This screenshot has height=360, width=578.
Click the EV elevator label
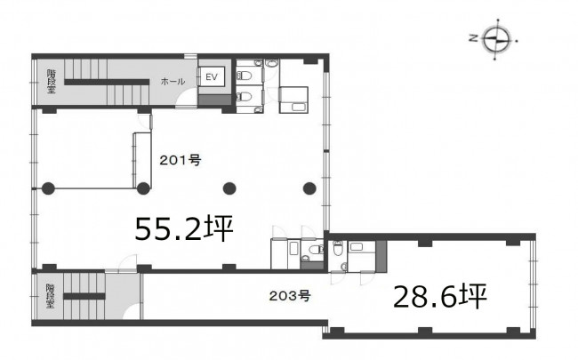tap(212, 77)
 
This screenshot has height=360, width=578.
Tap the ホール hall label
tap(173, 82)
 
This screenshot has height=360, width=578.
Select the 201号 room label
tap(181, 160)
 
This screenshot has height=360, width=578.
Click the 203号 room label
tap(290, 295)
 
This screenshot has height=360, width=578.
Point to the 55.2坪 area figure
tap(184, 228)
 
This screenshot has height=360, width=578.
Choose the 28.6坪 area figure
tap(440, 296)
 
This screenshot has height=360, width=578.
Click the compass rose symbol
tap(497, 39)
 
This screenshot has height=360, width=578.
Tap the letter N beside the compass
tap(474, 37)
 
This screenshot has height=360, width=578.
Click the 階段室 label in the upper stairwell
tap(51, 82)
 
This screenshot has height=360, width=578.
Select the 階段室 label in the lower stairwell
tap(50, 296)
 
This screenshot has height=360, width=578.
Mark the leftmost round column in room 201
tap(48, 188)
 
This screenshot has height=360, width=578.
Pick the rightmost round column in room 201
tap(309, 188)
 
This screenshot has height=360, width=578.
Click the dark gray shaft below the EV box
tap(214, 100)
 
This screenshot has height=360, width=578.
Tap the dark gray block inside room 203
tap(381, 257)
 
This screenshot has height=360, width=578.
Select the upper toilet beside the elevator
tap(245, 76)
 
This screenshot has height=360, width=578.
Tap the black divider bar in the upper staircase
tap(107, 82)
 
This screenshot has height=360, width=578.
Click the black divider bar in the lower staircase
tap(84, 296)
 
